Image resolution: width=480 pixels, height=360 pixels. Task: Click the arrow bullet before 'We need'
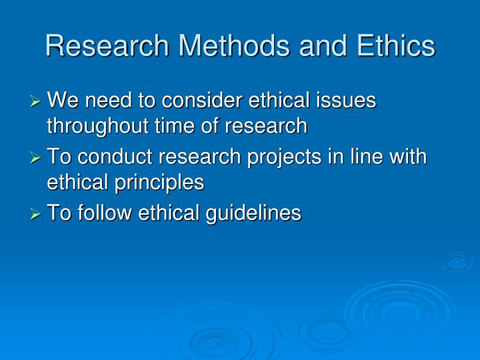tap(37, 101)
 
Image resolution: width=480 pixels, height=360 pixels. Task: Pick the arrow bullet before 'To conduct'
tap(37, 158)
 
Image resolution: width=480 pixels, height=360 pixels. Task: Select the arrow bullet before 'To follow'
tap(37, 214)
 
